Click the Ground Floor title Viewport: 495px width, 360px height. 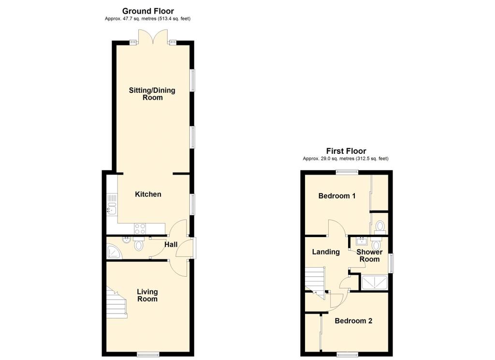click(148, 12)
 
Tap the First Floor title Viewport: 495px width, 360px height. click(346, 151)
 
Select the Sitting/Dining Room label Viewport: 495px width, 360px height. click(152, 94)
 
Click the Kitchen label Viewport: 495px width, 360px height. click(148, 194)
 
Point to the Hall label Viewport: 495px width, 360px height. click(171, 245)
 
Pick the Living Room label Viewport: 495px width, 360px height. click(147, 295)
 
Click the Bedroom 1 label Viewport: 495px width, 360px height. click(337, 196)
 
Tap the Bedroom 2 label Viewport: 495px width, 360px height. click(353, 321)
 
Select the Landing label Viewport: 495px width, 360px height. click(326, 252)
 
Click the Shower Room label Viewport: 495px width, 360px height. click(369, 255)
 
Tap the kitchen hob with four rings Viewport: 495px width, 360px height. click(140, 228)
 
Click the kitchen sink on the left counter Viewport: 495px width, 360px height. click(112, 209)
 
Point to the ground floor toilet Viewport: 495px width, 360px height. click(138, 243)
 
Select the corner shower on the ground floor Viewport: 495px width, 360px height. click(114, 252)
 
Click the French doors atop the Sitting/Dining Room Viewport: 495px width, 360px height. click(153, 37)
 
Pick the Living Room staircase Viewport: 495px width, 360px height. click(117, 302)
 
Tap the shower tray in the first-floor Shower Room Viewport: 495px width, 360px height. click(375, 282)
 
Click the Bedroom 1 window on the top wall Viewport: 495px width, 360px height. click(347, 172)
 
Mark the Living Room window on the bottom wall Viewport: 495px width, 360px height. click(148, 354)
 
